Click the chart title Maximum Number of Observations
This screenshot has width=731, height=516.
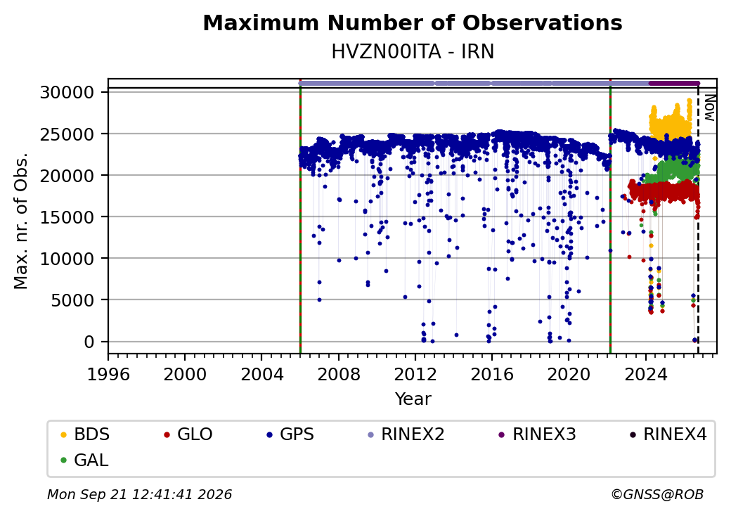click(x=413, y=22)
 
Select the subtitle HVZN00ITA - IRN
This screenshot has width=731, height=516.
click(x=413, y=52)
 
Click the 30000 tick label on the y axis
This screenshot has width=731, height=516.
click(x=67, y=92)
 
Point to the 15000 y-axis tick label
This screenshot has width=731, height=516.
click(x=67, y=217)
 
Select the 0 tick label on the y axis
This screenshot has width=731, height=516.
click(x=89, y=342)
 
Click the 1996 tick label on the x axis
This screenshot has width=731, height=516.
click(x=108, y=374)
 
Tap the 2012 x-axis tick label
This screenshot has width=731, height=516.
click(x=415, y=374)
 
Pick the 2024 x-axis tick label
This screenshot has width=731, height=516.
click(x=645, y=374)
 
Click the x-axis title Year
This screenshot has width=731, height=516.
click(x=413, y=399)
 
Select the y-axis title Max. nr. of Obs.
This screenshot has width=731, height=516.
click(x=21, y=221)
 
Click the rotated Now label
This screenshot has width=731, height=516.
click(x=709, y=108)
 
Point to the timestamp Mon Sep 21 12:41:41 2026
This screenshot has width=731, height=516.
click(x=139, y=494)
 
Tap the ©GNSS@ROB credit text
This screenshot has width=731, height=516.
click(x=657, y=494)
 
